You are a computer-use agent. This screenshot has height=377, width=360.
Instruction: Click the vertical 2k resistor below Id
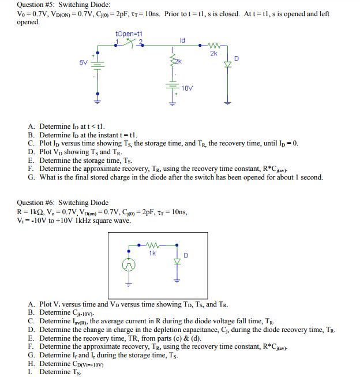(171, 60)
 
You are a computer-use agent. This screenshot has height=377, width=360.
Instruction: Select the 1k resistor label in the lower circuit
(152, 253)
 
